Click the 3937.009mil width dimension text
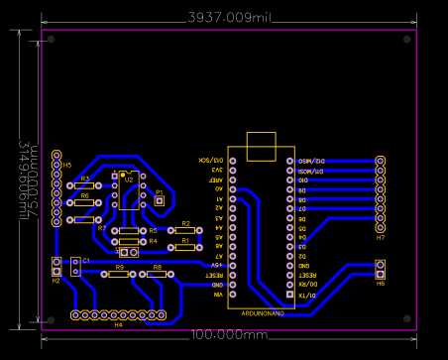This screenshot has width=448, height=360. pos(229,18)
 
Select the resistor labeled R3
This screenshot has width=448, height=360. pos(85,185)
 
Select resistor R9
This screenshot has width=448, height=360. pos(118,274)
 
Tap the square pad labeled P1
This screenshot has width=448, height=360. pos(159,200)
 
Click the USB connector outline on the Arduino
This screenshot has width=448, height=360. pos(262,145)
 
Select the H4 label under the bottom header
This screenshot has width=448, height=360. pos(119,323)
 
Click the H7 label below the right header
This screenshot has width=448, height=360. pos(381,238)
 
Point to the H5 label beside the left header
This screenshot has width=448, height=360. pos(67,165)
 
